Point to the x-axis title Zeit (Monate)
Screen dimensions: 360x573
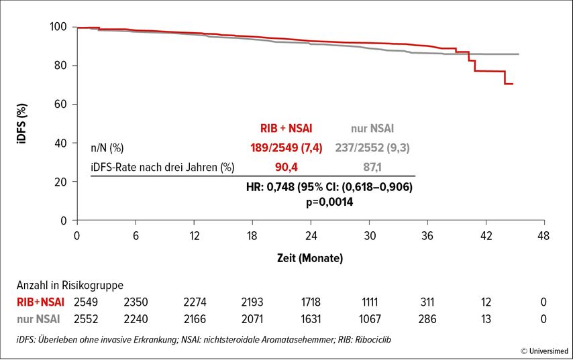pos(311,258)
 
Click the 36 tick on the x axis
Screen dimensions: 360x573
pos(427,236)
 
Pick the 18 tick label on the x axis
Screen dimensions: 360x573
pos(252,236)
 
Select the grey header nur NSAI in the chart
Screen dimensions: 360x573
pos(372,128)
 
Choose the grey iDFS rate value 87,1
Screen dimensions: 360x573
pos(372,166)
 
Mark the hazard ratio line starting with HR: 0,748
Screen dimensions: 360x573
pos(329,188)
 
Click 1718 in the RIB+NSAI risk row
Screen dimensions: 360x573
pos(311,302)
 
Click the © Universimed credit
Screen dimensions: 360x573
pos(543,351)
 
